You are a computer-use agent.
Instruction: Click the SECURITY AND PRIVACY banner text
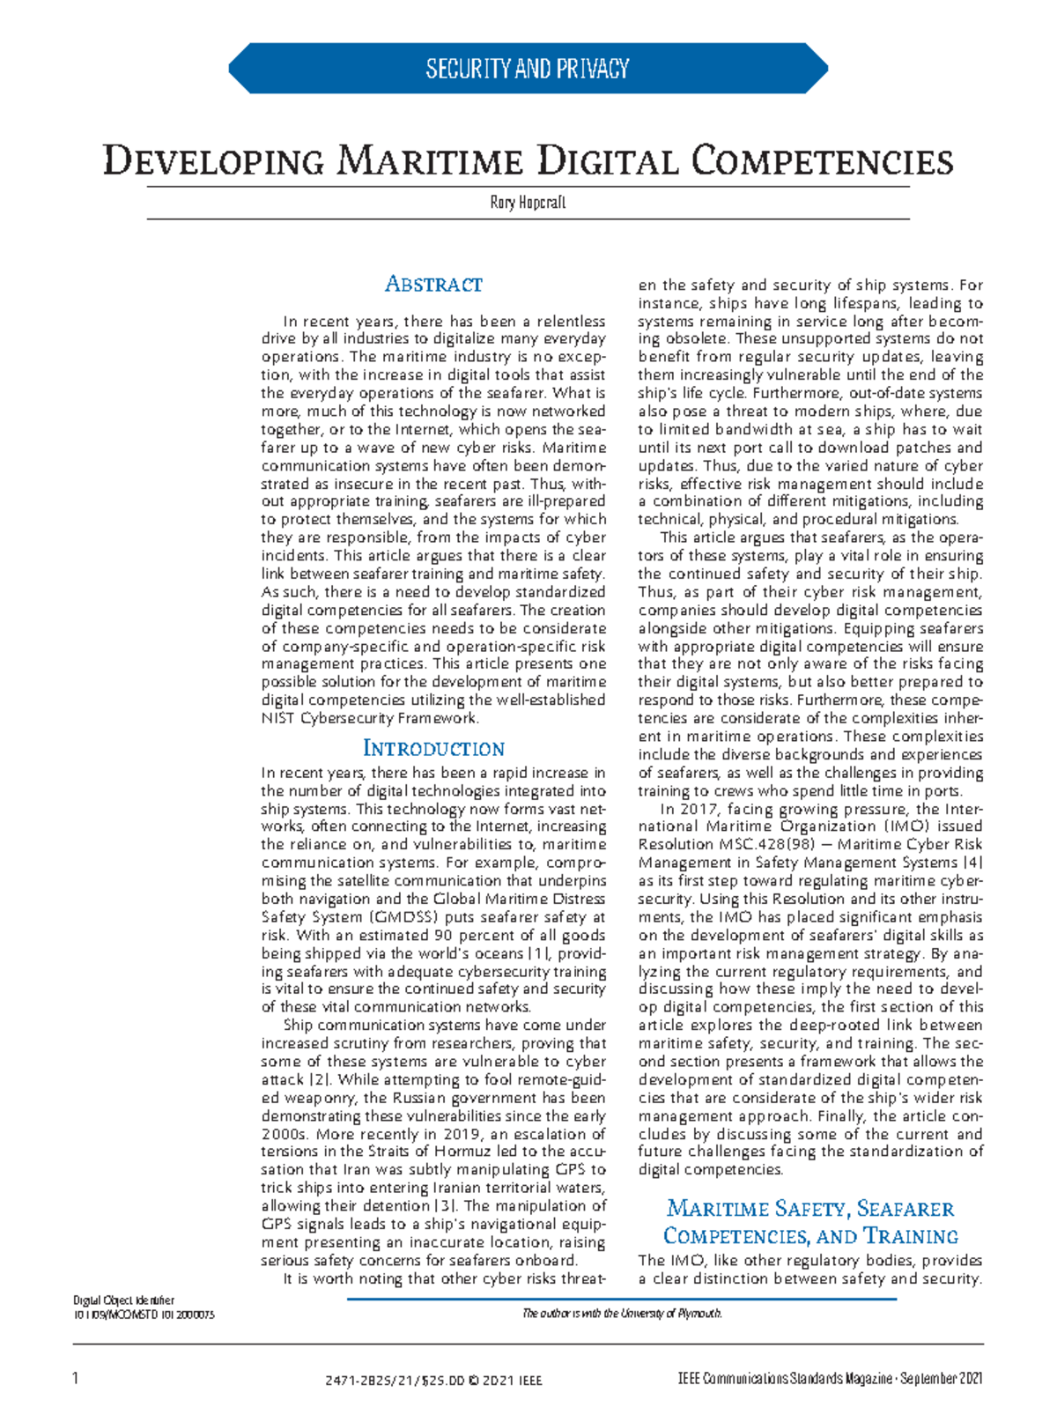pos(527,69)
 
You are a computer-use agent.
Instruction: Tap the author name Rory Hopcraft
pos(528,203)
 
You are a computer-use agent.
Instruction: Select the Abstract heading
pos(433,285)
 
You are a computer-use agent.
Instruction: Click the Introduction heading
pos(433,749)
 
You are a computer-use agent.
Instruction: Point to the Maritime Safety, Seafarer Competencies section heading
pos(810,1221)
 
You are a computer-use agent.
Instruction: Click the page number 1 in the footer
pos(76,1379)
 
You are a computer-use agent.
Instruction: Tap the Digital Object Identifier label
pos(123,1300)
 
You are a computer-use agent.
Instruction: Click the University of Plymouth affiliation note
pos(622,1314)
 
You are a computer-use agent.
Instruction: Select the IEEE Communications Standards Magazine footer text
pos(826,1379)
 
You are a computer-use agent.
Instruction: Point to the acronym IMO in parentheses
pos(902,827)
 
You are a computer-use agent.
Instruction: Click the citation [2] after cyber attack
pos(318,1080)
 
